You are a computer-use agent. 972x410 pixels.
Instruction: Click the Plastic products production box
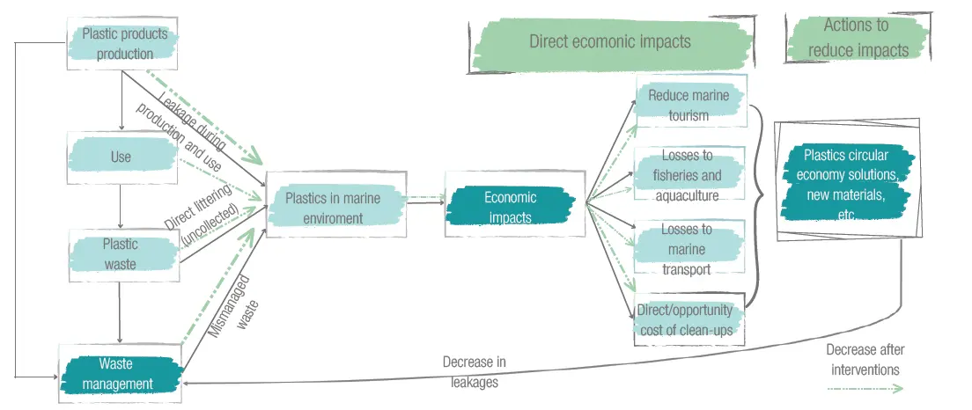pyautogui.click(x=124, y=44)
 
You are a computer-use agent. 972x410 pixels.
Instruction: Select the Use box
pyautogui.click(x=121, y=157)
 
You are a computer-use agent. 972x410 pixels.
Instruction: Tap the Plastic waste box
pyautogui.click(x=120, y=253)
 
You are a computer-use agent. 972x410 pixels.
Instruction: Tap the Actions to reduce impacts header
pyautogui.click(x=858, y=38)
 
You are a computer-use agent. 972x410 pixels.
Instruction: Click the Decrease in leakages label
pyautogui.click(x=475, y=371)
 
